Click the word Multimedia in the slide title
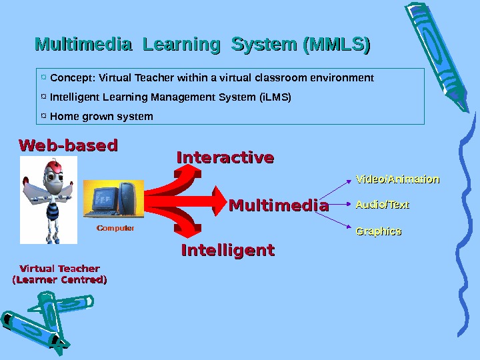click(x=83, y=45)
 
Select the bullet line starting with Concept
click(x=212, y=78)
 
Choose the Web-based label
click(x=68, y=145)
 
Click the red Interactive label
click(x=225, y=158)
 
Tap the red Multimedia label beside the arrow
click(x=279, y=206)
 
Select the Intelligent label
click(x=228, y=251)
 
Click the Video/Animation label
click(x=397, y=179)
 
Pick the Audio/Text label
click(x=383, y=205)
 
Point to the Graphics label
click(x=379, y=231)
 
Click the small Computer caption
click(x=115, y=228)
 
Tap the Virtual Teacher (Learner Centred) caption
click(x=60, y=274)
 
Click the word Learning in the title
click(x=181, y=45)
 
